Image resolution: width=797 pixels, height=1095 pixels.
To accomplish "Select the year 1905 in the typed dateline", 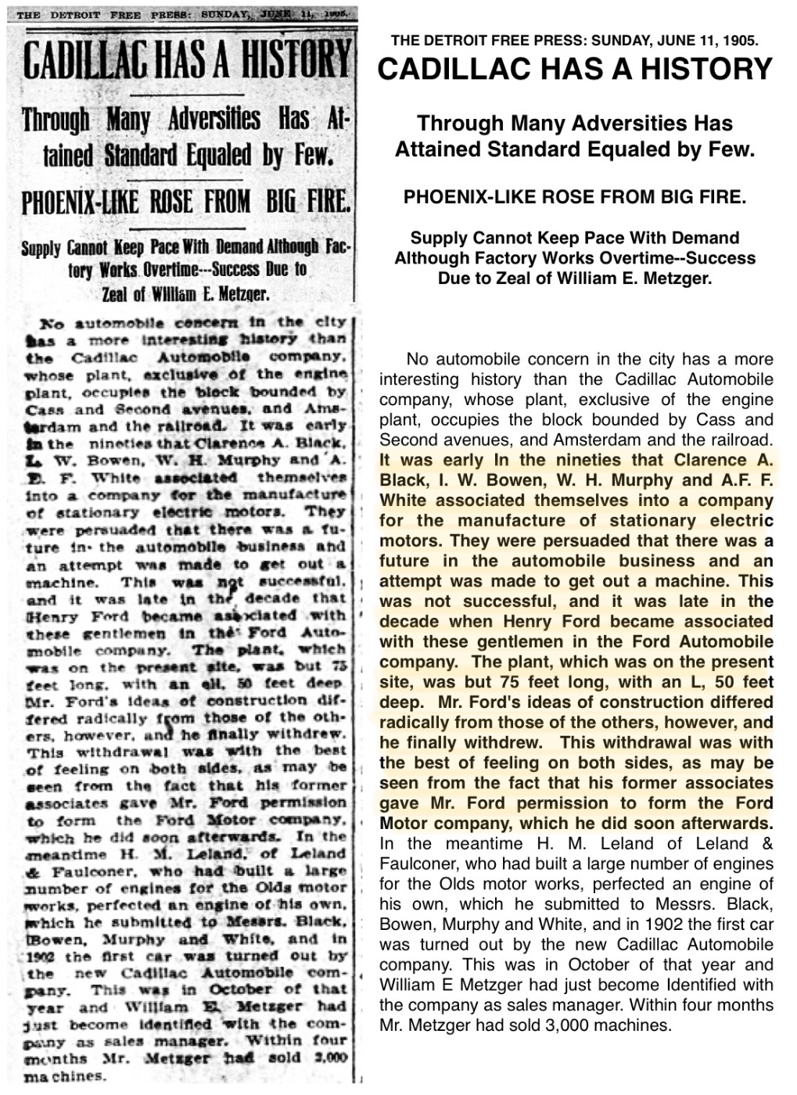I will coord(741,41).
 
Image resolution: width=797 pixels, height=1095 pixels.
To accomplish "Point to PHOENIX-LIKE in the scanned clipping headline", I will coord(80,203).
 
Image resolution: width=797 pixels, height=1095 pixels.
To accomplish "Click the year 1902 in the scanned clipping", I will coord(39,957).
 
